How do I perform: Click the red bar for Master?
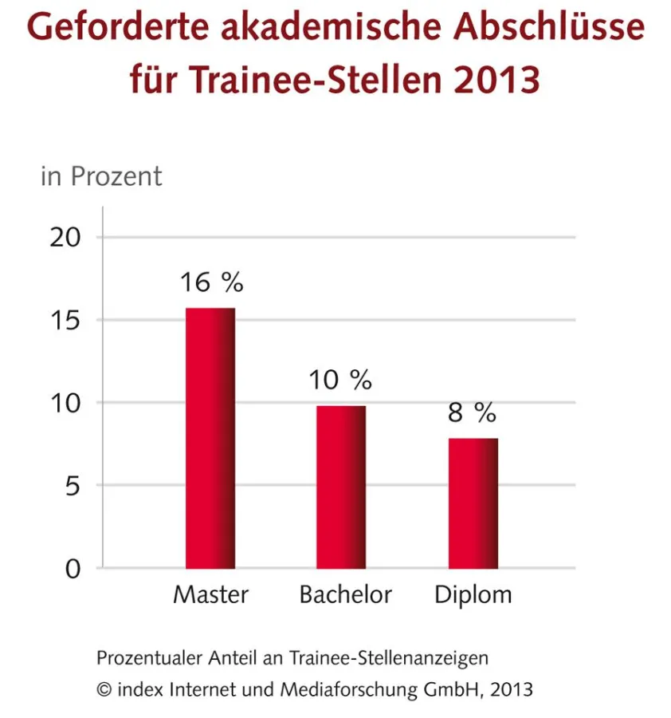[x=210, y=438]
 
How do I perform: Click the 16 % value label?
[x=210, y=282]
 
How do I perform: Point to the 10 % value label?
[x=341, y=381]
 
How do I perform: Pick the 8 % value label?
[x=473, y=412]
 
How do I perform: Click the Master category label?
[x=211, y=595]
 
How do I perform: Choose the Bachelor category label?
[x=346, y=595]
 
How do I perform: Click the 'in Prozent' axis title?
[x=101, y=176]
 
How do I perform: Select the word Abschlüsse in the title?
[x=549, y=28]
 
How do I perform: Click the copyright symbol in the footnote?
[x=104, y=688]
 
